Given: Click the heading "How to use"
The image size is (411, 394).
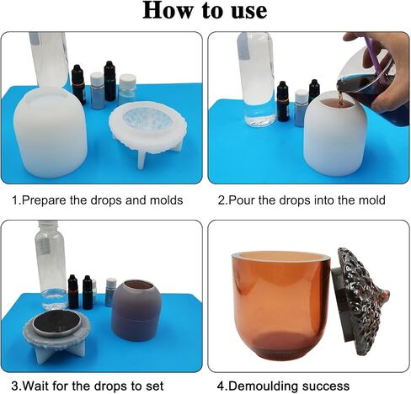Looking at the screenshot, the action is click(x=205, y=11).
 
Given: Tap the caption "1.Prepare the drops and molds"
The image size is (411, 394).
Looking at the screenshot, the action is click(x=97, y=200).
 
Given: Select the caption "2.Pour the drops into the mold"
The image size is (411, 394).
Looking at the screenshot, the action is click(x=302, y=200).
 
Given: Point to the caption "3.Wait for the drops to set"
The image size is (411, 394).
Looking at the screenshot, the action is click(x=88, y=386).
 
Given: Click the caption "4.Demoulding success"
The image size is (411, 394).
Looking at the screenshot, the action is click(x=283, y=386).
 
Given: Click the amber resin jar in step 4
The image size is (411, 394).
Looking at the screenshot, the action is click(x=281, y=306).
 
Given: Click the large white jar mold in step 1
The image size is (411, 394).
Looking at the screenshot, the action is click(x=51, y=132).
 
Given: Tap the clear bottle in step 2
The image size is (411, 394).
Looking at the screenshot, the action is click(x=257, y=79).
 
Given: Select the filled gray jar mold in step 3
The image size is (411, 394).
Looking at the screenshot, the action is click(x=136, y=310).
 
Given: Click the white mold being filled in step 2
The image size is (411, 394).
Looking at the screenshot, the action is click(x=335, y=136).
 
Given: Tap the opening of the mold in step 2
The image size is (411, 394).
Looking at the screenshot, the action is click(x=334, y=103).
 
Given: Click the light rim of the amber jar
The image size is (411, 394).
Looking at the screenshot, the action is click(x=280, y=255).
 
